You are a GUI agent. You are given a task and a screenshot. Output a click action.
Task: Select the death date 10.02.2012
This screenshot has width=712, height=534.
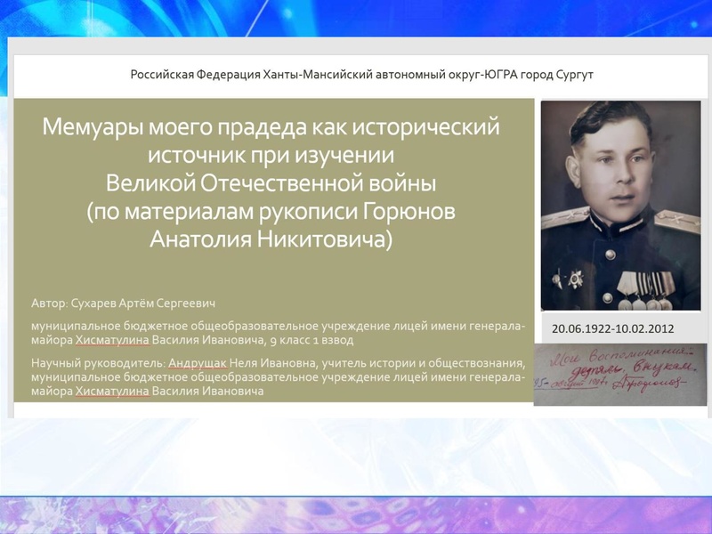[645, 328]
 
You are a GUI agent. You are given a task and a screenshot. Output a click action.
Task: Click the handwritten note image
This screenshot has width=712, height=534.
[620, 374]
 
